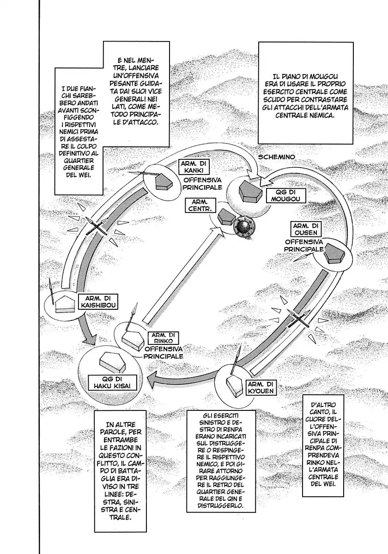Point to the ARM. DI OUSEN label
305,229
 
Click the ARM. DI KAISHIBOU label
98,302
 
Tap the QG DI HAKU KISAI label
112,383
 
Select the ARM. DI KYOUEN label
261,387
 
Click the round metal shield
244,227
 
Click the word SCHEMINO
276,157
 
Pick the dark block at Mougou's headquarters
250,192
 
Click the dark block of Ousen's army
334,254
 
